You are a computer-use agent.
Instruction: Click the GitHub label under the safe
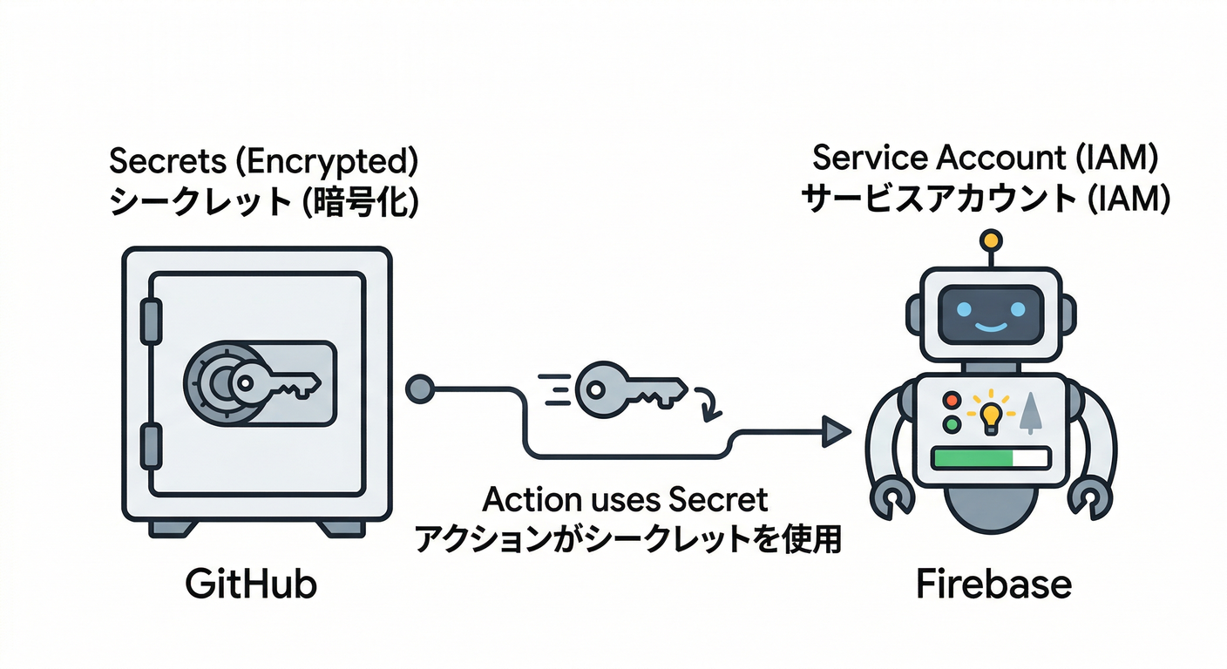tap(252, 585)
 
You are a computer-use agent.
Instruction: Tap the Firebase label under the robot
tap(993, 585)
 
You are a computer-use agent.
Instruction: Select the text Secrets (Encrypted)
tap(263, 163)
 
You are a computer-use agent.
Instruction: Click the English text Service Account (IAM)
tap(985, 158)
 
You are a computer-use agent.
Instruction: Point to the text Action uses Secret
tap(626, 500)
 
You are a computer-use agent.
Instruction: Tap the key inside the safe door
tap(277, 382)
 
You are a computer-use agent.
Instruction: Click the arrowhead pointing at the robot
tap(837, 430)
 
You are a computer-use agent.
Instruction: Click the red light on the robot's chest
tap(952, 401)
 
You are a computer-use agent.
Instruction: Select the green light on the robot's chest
tap(952, 425)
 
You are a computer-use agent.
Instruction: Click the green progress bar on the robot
tap(973, 458)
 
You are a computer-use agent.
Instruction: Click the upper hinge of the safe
tap(152, 321)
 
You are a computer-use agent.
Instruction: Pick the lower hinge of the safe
tap(152, 445)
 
